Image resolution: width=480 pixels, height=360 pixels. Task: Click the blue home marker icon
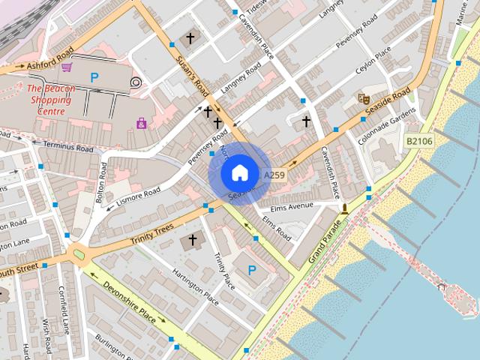238,172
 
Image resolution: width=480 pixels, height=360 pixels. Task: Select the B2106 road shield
418,140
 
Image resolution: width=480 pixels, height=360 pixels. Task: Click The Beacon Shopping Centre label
51,100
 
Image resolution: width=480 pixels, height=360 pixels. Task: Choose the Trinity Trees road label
151,233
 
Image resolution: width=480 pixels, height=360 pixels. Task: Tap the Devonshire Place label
129,303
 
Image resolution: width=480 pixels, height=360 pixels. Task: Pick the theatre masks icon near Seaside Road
364,98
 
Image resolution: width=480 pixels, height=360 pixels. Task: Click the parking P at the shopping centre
94,77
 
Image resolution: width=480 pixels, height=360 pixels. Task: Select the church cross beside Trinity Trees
193,240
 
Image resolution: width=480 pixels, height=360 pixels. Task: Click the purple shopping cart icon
67,67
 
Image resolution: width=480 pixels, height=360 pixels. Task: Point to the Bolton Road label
104,179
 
